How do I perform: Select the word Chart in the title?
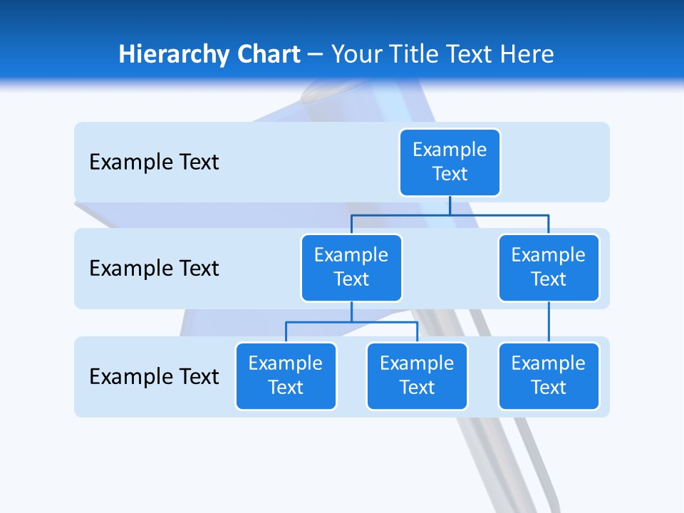[x=268, y=54]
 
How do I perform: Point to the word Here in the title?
[x=527, y=54]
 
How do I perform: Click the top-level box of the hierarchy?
[x=450, y=162]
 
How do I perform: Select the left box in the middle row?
[x=351, y=268]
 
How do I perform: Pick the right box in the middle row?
[x=549, y=268]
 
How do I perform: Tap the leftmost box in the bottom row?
[x=286, y=376]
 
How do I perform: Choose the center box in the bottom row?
[x=417, y=376]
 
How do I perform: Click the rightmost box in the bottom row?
[x=549, y=376]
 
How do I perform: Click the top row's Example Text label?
[x=154, y=162]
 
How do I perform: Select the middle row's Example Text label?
[x=154, y=269]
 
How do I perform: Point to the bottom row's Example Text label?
[x=154, y=376]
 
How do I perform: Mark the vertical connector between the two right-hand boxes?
[x=549, y=322]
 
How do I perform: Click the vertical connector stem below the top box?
[x=450, y=205]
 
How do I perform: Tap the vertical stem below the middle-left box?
[x=351, y=311]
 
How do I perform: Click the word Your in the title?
[x=356, y=54]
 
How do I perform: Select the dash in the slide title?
[x=316, y=54]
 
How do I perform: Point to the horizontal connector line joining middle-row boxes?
[x=450, y=214]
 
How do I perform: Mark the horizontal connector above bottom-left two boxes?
[x=351, y=322]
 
